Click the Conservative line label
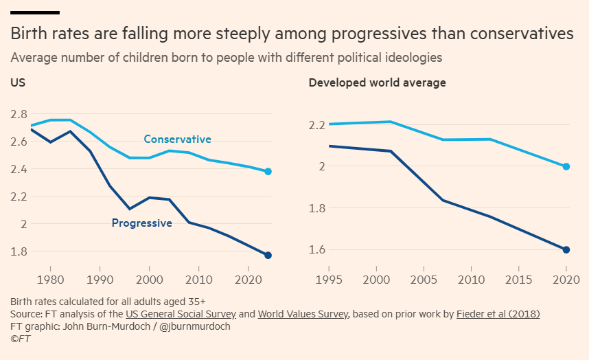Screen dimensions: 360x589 click(177, 139)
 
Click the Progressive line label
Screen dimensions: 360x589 click(141, 223)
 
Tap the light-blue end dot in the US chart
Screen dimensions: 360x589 click(268, 171)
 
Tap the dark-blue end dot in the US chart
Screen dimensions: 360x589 click(268, 255)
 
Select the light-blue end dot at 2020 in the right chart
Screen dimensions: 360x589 click(566, 166)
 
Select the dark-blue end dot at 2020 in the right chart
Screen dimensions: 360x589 click(566, 249)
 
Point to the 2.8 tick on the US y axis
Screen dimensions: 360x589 click(19, 114)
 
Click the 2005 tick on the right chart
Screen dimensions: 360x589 click(423, 280)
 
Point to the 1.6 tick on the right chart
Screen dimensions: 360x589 click(316, 249)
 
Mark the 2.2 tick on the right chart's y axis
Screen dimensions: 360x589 click(316, 126)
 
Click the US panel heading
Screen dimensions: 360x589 click(18, 82)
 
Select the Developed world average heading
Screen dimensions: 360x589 click(377, 82)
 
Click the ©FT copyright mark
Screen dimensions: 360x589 click(21, 339)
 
